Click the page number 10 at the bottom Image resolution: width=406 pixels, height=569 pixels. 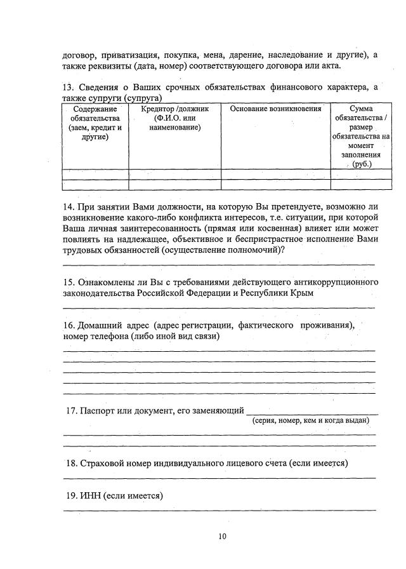(222, 536)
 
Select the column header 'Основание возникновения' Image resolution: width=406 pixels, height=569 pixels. (275, 109)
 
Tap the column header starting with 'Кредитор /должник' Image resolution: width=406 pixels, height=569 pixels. (174, 118)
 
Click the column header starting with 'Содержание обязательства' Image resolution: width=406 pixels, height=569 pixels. (95, 123)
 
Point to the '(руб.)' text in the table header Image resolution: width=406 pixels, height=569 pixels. (361, 164)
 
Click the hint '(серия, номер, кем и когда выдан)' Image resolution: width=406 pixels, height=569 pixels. (311, 420)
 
